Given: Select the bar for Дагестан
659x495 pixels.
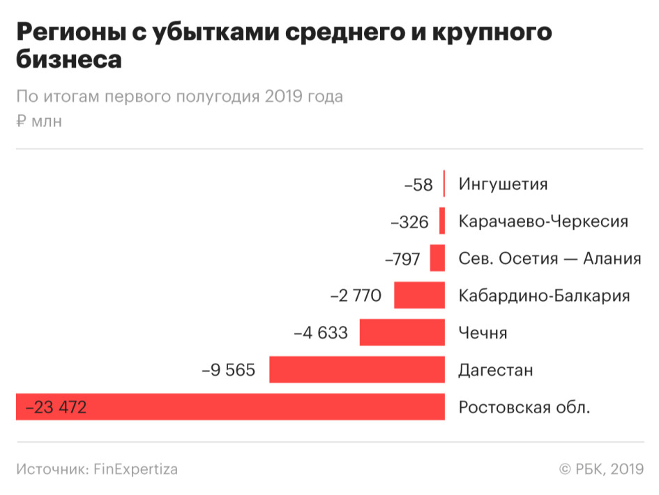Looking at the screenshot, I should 357,369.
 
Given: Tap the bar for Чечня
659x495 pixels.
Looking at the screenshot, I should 402,332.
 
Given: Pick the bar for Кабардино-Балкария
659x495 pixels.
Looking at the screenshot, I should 419,295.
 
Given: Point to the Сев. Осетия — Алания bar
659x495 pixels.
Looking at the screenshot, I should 437,258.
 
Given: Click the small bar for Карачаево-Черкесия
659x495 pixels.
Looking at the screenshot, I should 442,221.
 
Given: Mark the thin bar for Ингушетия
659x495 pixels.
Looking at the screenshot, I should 444,184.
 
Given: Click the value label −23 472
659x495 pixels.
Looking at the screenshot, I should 56,407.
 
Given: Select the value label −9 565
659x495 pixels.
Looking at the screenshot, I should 229,370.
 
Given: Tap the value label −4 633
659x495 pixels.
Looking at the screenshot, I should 320,333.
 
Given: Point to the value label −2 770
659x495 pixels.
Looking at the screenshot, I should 356,296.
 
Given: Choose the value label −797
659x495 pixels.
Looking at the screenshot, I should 402,259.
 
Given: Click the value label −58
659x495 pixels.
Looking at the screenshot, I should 418,185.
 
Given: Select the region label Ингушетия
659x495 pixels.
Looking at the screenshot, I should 503,185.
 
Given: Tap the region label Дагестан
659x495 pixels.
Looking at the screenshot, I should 495,370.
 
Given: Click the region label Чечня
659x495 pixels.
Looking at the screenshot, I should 483,333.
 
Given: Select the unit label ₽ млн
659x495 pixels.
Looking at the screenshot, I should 39,121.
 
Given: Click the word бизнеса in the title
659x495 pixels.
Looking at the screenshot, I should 69,60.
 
